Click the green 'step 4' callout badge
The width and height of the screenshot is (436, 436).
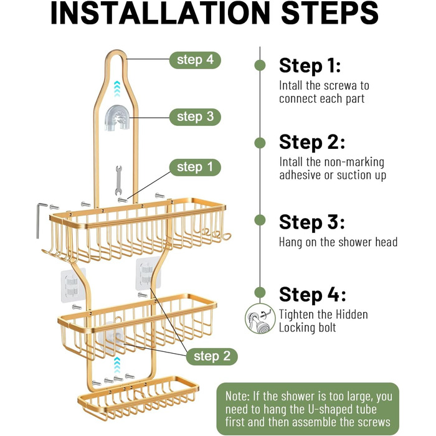[x=195, y=60]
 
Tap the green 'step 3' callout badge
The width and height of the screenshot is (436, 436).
[x=195, y=117]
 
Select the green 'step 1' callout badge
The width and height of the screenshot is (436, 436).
[x=195, y=168]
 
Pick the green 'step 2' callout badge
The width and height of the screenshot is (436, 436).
[x=212, y=356]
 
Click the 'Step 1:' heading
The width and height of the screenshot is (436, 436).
[x=310, y=65]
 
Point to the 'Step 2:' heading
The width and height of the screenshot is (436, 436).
[x=312, y=143]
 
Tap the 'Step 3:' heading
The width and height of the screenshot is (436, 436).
[x=311, y=222]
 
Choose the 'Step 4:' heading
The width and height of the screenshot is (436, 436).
[x=313, y=295]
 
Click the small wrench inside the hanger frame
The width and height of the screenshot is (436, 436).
[x=119, y=180]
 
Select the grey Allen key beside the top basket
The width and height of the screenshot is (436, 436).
[x=39, y=220]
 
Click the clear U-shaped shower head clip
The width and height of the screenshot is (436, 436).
[x=117, y=118]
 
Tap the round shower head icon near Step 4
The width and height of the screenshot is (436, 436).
[x=260, y=319]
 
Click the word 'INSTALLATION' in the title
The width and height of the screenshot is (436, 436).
[x=161, y=13]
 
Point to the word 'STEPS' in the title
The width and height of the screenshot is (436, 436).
[x=329, y=13]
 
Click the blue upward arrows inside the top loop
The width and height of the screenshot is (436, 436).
[x=117, y=89]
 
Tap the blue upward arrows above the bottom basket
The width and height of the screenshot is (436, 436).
[x=117, y=365]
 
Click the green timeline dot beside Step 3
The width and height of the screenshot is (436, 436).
[x=260, y=220]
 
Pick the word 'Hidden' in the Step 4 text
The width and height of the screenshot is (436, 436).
[x=352, y=315]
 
